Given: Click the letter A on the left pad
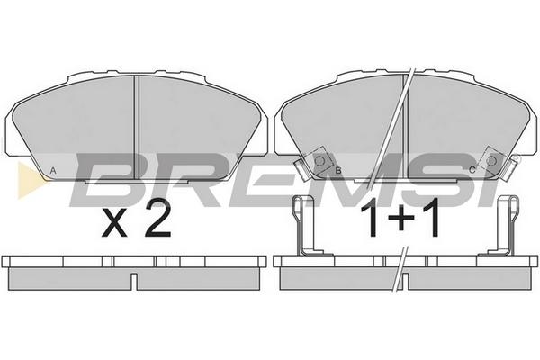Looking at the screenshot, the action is click(x=53, y=170).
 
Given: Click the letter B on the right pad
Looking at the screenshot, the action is click(x=338, y=170).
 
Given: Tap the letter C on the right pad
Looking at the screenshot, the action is click(x=472, y=170).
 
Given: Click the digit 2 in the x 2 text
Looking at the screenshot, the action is click(x=157, y=218).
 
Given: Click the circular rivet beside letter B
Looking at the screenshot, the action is click(x=319, y=160).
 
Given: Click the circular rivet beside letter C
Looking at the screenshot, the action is click(x=490, y=160).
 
